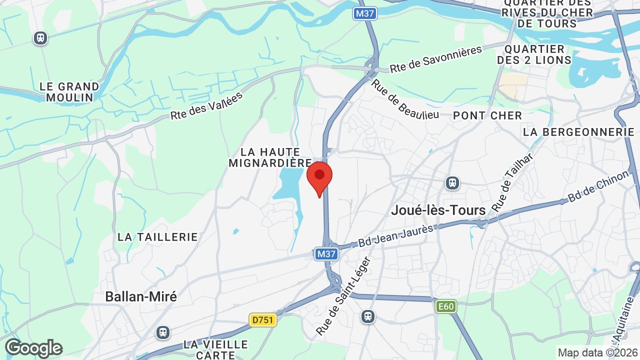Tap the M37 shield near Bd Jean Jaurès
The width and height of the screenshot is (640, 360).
(x=326, y=254)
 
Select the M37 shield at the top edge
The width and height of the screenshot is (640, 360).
(x=364, y=13)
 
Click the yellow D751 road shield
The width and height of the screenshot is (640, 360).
(x=262, y=319)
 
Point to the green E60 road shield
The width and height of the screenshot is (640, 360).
(x=446, y=306)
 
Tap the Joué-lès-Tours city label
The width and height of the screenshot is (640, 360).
(x=438, y=210)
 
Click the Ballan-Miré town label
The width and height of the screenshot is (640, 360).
(x=141, y=296)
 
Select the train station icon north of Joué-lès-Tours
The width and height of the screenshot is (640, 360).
(x=452, y=183)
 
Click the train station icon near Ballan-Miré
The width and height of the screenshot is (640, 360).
(x=162, y=332)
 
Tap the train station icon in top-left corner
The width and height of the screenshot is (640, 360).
(x=40, y=38)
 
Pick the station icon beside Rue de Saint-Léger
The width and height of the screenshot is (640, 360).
(x=368, y=316)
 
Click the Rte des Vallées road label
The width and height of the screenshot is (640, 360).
(x=206, y=105)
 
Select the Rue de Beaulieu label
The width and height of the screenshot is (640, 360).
(x=404, y=98)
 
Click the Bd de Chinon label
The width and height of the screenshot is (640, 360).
(x=598, y=186)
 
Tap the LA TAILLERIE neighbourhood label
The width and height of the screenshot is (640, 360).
(x=158, y=237)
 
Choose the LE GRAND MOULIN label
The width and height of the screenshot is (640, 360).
(x=69, y=92)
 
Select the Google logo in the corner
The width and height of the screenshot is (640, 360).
(x=33, y=348)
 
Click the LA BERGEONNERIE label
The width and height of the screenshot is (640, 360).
(x=578, y=132)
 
